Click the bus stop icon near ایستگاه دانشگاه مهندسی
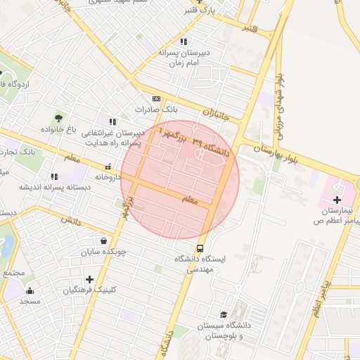pos(200,248)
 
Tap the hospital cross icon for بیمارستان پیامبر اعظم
pos(337,200)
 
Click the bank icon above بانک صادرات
pos(156,99)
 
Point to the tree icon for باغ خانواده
pos(58,117)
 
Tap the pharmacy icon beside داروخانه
pos(108,167)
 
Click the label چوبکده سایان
pos(103,251)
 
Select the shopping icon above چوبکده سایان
pos(103,240)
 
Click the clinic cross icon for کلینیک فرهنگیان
pos(89,279)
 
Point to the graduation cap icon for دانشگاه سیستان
pos(224,315)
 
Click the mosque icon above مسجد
pos(30,290)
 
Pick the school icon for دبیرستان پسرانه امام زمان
pos(184,41)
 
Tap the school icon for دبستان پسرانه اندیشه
pos(53,176)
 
